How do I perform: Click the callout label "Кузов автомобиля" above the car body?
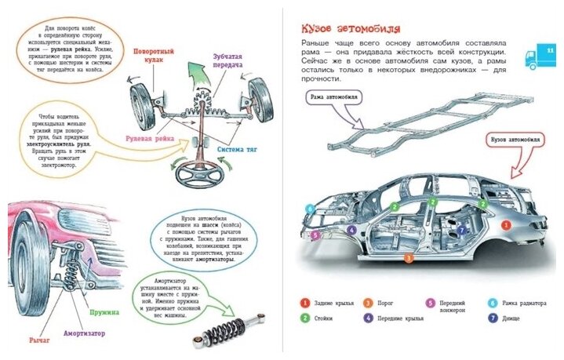tap(515, 140)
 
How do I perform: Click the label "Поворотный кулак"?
tap(154, 56)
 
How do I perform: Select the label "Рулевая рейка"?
tap(148, 139)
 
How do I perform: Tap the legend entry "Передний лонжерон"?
tap(457, 307)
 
